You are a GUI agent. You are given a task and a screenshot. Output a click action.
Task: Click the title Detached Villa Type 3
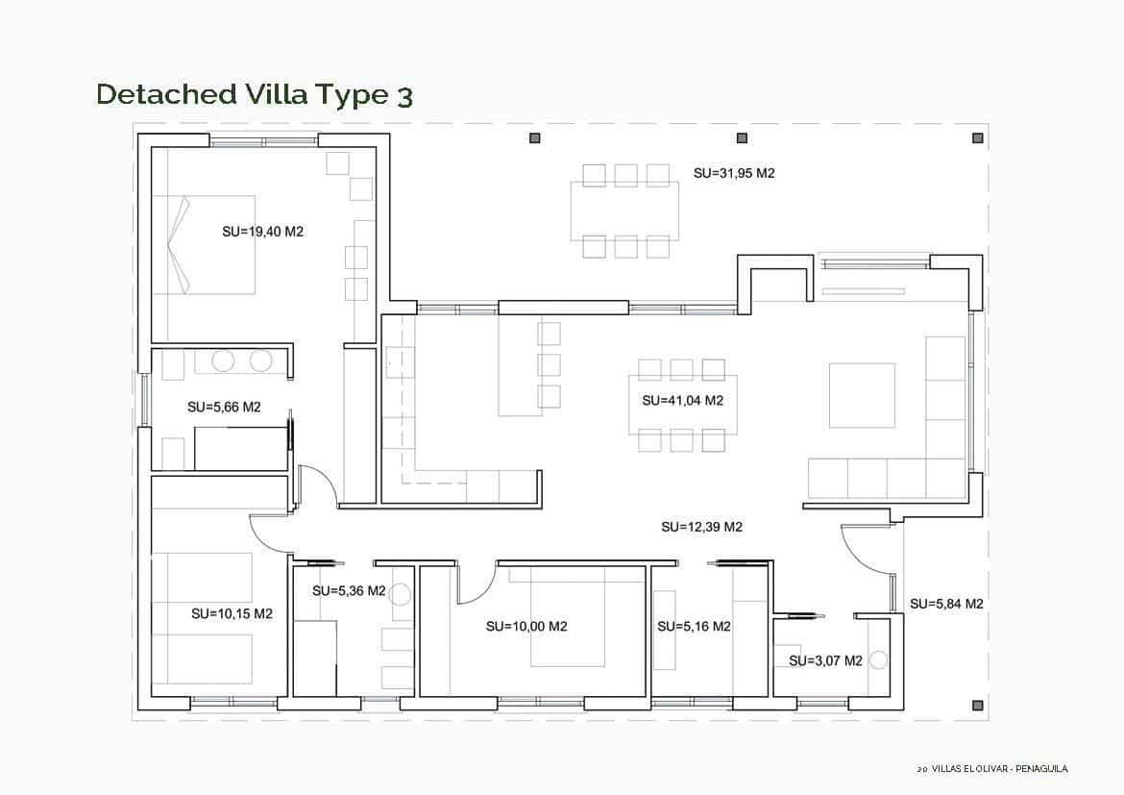pos(255,94)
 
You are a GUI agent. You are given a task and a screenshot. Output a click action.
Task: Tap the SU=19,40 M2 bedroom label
pos(262,231)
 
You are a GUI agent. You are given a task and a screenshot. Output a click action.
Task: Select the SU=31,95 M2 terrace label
pos(734,173)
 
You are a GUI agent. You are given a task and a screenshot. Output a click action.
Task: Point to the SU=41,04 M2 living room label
pos(682,400)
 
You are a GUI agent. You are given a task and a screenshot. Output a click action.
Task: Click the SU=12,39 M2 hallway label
pos(701,527)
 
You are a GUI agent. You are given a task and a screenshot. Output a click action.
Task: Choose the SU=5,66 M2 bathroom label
pos(224,407)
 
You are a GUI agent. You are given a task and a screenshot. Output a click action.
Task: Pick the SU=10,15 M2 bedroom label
pos(232,613)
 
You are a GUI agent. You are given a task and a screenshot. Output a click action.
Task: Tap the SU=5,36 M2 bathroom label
pos(349,590)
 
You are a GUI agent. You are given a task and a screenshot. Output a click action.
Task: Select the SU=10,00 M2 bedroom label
pos(526,626)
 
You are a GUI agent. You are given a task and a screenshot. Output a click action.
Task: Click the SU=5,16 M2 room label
pos(694,627)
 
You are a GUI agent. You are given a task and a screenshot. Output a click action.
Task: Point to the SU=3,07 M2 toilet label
pos(825,660)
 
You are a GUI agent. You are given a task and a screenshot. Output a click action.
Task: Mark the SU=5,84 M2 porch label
pos(946,604)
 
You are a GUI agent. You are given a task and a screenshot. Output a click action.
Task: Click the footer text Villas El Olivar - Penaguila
pos(992,769)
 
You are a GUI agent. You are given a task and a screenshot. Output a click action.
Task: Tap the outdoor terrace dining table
pos(624,211)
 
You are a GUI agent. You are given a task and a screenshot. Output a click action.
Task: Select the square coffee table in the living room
pos(862,394)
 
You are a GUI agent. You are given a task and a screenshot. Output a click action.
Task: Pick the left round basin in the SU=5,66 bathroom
pos(223,360)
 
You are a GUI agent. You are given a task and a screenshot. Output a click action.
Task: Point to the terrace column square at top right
pos(977,138)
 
